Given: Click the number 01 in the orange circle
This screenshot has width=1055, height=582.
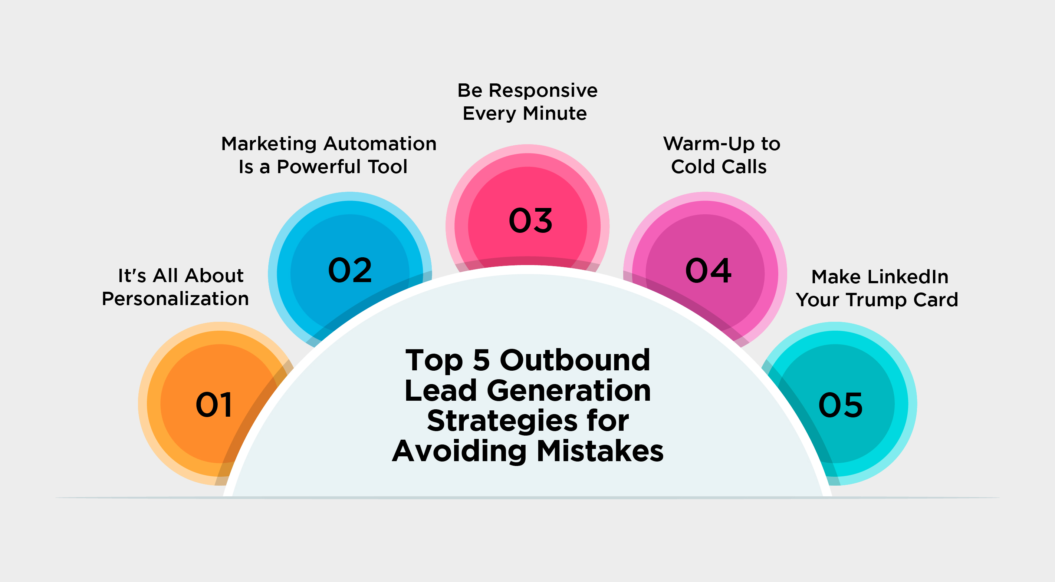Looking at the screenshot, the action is pos(214,405).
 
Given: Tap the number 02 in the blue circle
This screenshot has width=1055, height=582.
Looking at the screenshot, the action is pos(350,270).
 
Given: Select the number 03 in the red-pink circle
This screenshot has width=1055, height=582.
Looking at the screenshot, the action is pos(530,220).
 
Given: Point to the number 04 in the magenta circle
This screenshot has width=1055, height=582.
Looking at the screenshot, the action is pos(708,270).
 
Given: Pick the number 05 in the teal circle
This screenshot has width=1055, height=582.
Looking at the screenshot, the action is pos(840,405).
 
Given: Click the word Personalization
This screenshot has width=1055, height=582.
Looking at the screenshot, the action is pos(175,299).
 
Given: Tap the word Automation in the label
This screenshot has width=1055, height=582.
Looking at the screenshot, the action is pos(380,144).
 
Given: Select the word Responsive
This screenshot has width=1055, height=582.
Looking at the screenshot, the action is pos(543,90).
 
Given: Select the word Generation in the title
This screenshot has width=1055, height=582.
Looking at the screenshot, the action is pos(569,390).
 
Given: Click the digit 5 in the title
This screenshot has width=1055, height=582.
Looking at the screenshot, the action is pos(481,360).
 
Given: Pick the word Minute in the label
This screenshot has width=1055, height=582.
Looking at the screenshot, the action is pos(555,113).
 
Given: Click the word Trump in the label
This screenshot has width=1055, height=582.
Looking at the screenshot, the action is pos(877,300).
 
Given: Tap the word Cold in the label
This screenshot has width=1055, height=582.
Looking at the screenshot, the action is pos(693,166).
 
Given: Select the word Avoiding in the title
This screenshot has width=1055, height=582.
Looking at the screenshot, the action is pos(459,451).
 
